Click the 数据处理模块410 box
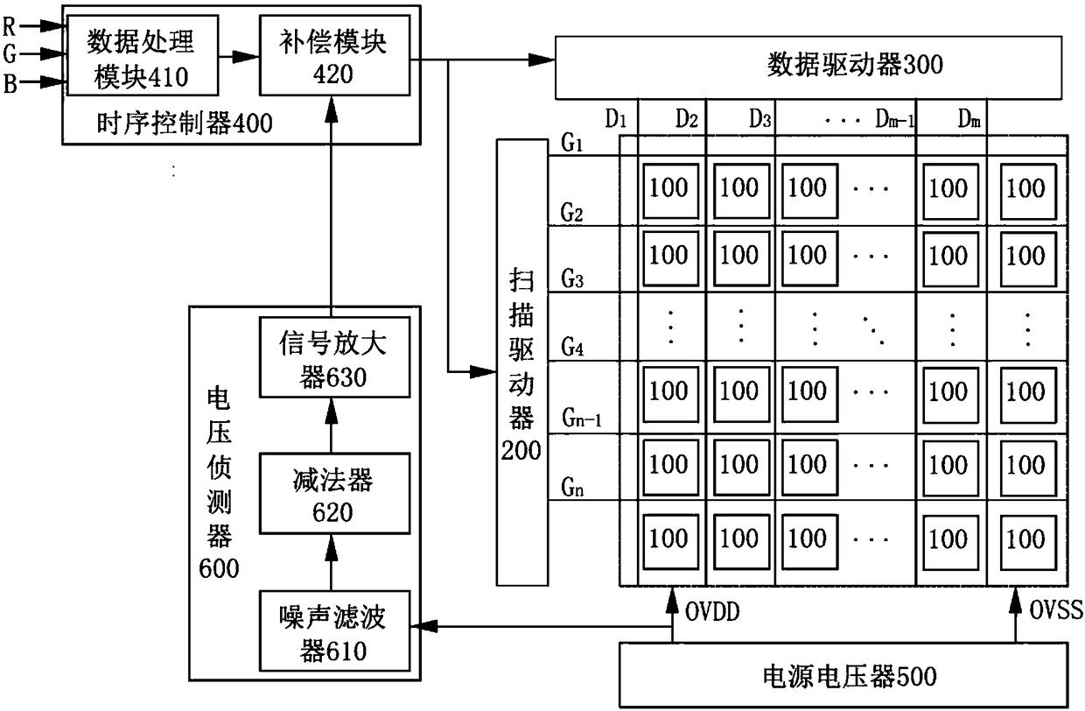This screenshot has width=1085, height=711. point(143,55)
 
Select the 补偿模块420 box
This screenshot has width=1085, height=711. point(335,55)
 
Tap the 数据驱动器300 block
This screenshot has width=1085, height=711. point(808,67)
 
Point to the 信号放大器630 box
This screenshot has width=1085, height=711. point(335,357)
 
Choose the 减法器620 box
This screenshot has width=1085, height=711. point(335,494)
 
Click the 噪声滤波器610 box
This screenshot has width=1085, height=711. point(335,630)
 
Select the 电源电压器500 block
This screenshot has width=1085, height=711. point(843,675)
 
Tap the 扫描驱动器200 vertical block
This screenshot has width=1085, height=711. point(522,363)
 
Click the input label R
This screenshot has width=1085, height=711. point(10,26)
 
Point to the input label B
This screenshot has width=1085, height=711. point(10,83)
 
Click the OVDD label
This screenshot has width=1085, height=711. point(712,612)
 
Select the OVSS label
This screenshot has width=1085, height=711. point(1056,609)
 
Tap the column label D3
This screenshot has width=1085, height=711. point(760,119)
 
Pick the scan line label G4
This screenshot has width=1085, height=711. point(572,347)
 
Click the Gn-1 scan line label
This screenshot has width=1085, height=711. point(582,418)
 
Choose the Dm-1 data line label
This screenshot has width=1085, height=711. point(895,119)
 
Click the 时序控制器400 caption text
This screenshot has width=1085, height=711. point(185,123)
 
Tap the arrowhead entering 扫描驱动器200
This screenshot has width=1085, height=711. point(483,372)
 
